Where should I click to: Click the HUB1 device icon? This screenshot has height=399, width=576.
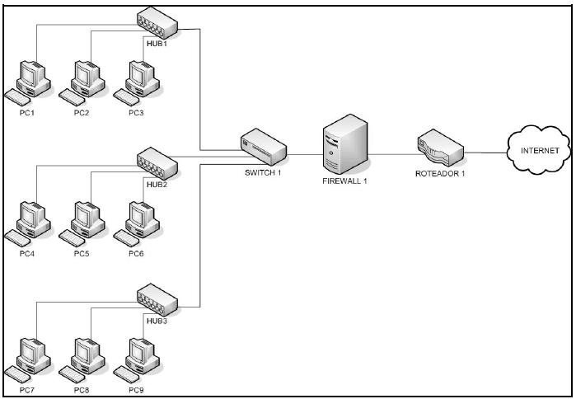(x=157, y=22)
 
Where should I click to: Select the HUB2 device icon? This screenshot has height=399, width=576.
(x=157, y=162)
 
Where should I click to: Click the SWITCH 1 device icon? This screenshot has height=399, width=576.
(x=264, y=148)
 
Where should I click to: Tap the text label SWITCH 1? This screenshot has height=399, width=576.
(x=263, y=172)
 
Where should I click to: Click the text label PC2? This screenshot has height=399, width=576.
(x=81, y=112)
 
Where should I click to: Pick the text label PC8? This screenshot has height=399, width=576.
(x=81, y=388)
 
